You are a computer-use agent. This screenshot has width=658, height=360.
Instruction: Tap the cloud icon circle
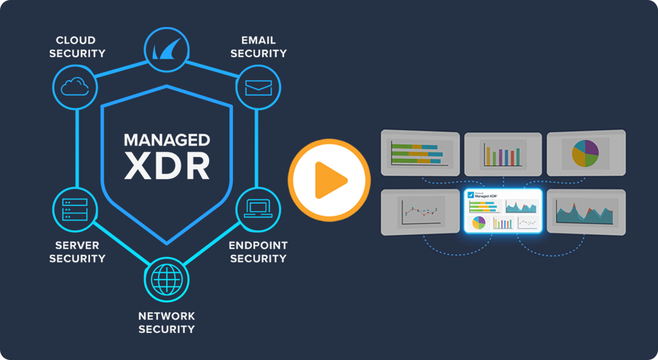pos(75,87)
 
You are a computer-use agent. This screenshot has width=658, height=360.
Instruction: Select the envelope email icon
pos(258,87)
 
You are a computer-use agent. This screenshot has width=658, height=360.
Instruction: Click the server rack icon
pos(75,209)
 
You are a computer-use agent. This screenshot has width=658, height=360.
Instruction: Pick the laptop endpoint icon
pos(258,209)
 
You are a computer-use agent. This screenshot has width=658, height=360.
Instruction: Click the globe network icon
pos(167,280)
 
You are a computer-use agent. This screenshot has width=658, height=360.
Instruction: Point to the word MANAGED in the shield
pos(167,139)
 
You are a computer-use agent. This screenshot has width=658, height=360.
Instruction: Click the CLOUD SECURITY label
pos(76,47)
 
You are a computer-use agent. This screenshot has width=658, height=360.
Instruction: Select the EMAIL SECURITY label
pos(258,47)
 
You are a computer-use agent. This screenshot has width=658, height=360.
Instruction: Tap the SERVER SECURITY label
pos(77,251)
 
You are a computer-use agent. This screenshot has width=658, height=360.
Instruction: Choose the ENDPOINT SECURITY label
pos(258,251)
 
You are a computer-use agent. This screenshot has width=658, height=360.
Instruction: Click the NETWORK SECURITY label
pos(167,323)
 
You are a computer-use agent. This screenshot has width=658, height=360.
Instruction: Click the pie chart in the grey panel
pos(585,153)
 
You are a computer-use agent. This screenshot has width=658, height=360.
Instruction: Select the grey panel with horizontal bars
pos(420,151)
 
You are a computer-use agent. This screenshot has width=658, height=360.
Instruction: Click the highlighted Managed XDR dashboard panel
pos(503,210)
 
